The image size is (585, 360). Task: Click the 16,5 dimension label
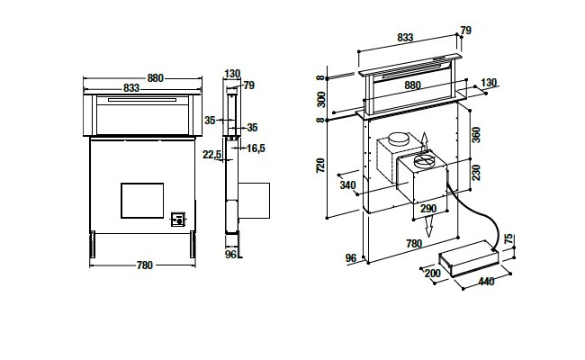pos(256,148)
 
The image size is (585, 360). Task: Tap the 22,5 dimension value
pos(211,154)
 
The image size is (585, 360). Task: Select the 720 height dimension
pos(320,166)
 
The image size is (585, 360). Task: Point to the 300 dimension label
pos(321,99)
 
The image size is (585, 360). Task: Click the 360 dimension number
pos(476,135)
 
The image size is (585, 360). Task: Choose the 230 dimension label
pos(476,173)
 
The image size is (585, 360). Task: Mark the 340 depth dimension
pos(347,185)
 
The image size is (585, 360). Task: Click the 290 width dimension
pos(428,209)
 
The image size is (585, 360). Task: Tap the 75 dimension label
pos(508,239)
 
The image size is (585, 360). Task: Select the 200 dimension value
pos(432,274)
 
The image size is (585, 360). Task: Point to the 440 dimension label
pos(486,282)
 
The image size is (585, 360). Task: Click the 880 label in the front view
pos(156,78)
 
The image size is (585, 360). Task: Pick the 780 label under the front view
pos(145,265)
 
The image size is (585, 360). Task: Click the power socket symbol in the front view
pos(178,219)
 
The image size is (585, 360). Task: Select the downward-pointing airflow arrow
pos(429,227)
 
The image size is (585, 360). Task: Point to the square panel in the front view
pos(142,201)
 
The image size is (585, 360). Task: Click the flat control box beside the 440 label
pos(469,258)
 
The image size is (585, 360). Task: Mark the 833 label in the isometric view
pos(405,38)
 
